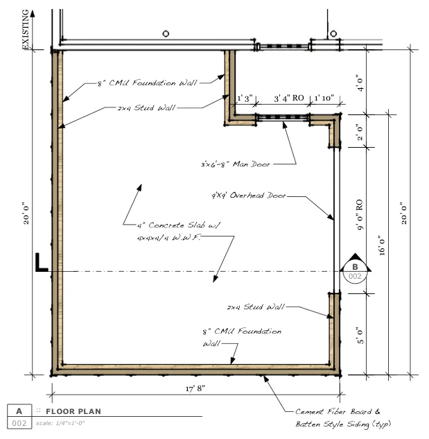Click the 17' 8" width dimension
click(195, 388)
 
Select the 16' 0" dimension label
click(383, 246)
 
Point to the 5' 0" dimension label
click(360, 336)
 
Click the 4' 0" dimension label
click(360, 83)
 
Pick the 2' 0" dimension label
click(360, 132)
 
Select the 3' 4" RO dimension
click(289, 98)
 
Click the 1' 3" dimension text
click(245, 98)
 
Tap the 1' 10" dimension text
click(324, 98)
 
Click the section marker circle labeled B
click(355, 271)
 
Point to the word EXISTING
click(26, 29)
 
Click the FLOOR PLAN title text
click(73, 411)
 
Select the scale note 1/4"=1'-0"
click(60, 423)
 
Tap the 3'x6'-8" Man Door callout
click(236, 164)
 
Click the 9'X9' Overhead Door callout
click(249, 195)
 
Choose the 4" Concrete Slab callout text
click(178, 231)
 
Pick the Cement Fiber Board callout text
click(343, 418)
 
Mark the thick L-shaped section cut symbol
click(42, 262)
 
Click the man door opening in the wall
click(283, 118)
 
